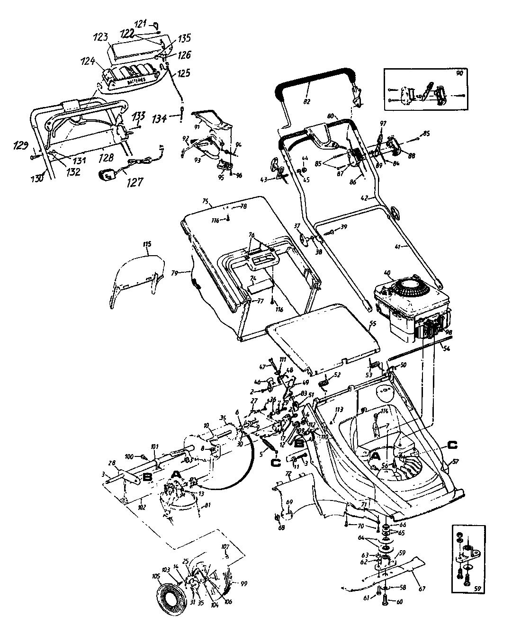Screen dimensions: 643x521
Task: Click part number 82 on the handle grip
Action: (x=307, y=101)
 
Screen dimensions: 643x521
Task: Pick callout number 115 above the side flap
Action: (x=147, y=245)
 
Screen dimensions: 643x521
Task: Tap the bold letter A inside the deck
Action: (x=374, y=455)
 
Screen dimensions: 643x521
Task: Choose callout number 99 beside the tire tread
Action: (x=243, y=584)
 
